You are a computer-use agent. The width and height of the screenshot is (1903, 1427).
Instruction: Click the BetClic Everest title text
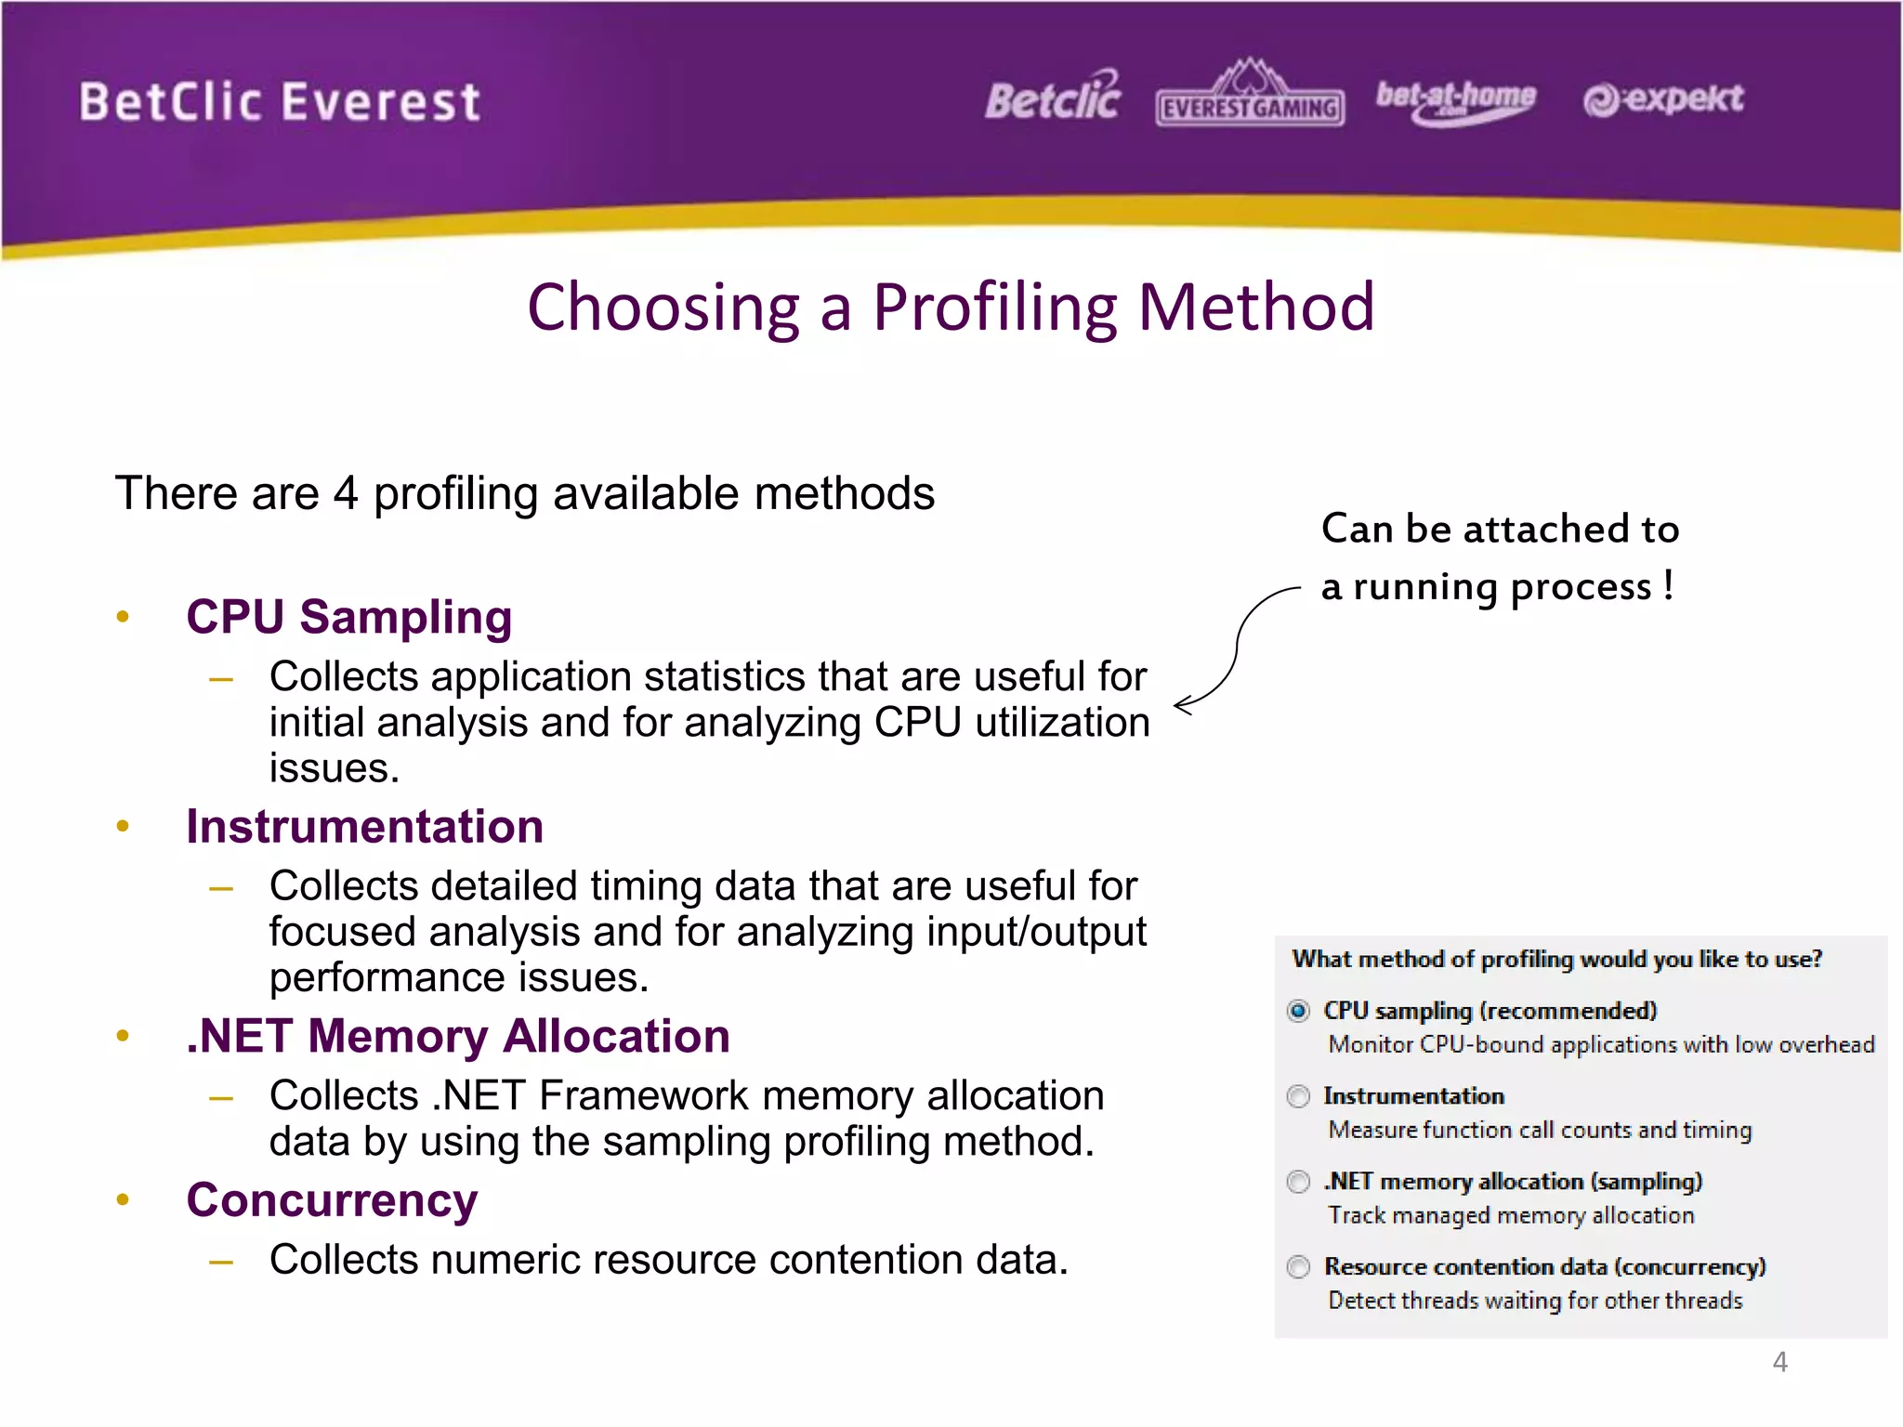279,102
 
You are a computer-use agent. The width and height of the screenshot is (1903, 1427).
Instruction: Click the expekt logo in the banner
1663,98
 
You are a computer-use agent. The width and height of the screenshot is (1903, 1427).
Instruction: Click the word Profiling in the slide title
994,308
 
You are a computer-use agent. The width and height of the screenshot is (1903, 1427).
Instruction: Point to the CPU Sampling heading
348,617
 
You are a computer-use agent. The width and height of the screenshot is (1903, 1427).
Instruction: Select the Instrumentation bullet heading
364,826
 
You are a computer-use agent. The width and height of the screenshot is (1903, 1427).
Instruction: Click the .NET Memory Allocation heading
457,1036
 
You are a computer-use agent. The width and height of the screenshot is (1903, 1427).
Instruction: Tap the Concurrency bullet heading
332,1199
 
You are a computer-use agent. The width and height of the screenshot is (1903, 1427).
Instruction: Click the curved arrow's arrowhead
1182,706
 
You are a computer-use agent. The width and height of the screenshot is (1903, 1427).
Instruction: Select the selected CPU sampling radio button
1298,1011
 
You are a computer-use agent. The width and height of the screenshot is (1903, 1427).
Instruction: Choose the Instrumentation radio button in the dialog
1298,1096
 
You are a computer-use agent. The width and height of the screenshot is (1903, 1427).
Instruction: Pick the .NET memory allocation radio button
1298,1182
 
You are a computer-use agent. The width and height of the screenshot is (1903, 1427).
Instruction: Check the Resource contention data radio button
1298,1267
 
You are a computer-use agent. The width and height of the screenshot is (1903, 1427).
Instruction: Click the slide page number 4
1779,1362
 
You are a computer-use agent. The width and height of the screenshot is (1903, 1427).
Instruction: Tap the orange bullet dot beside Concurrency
123,1199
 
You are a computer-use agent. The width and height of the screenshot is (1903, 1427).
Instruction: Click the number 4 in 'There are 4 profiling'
346,493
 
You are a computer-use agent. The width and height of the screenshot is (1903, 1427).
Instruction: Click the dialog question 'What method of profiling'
1556,959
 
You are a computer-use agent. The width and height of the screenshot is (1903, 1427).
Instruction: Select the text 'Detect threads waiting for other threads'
1535,1301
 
